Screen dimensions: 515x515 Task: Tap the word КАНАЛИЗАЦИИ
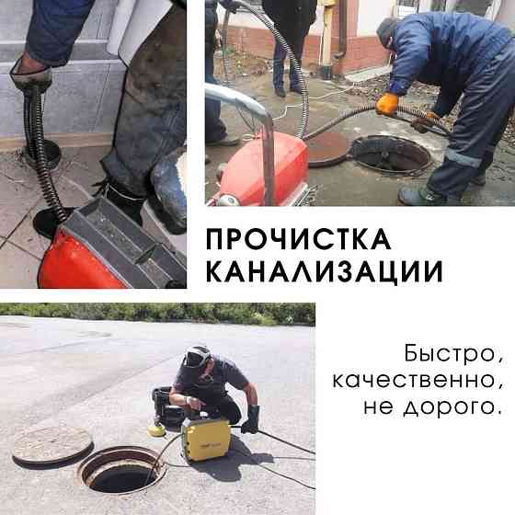(323, 272)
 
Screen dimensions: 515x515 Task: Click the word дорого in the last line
(459, 405)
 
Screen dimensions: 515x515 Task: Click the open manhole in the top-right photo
(391, 154)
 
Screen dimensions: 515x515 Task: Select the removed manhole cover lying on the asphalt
(52, 445)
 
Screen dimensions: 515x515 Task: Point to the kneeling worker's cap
(197, 355)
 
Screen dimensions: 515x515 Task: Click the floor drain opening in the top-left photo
(41, 152)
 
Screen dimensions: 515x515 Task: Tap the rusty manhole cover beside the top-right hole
(327, 147)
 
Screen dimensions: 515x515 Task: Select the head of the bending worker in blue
(389, 32)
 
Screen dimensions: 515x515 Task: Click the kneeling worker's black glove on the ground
(249, 419)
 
